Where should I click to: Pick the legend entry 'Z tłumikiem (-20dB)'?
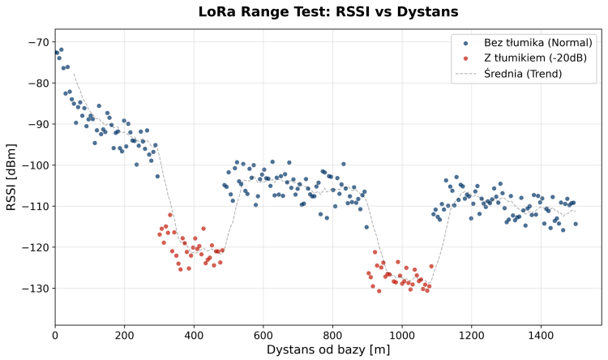[x=535, y=58]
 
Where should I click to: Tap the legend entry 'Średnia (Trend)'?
[x=523, y=74]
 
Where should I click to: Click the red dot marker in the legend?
[x=465, y=58]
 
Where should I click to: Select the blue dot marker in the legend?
[x=465, y=42]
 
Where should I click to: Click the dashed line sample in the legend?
[x=465, y=74]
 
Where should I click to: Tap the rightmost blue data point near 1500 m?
[x=576, y=224]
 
